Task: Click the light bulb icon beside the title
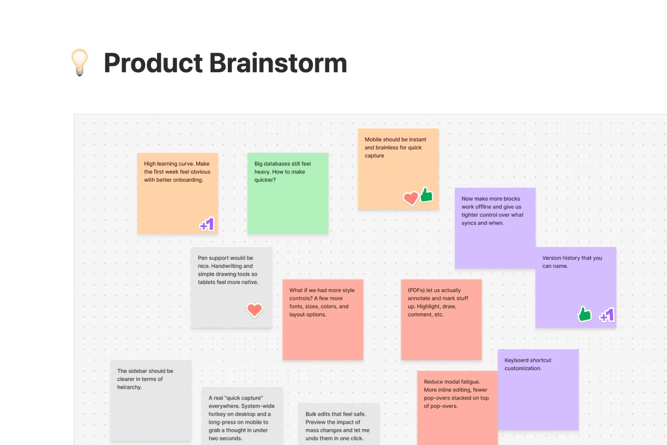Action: (80, 62)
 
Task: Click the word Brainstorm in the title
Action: (277, 63)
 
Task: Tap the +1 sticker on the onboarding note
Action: (207, 224)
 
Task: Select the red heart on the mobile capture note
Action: (410, 198)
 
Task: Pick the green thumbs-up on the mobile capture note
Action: (426, 195)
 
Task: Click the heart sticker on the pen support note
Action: (254, 309)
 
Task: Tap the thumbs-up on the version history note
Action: (584, 314)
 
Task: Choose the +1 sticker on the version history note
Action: (607, 315)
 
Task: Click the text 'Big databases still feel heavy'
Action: (282, 168)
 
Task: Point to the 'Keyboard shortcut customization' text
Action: (528, 364)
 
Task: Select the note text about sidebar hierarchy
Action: (145, 379)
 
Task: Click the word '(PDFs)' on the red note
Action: (416, 290)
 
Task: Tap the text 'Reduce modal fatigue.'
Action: (452, 382)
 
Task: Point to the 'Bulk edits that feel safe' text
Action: (335, 414)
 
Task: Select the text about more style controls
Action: (322, 302)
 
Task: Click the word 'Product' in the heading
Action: (153, 63)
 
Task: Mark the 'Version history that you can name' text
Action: (572, 261)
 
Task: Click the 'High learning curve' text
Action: (177, 163)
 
